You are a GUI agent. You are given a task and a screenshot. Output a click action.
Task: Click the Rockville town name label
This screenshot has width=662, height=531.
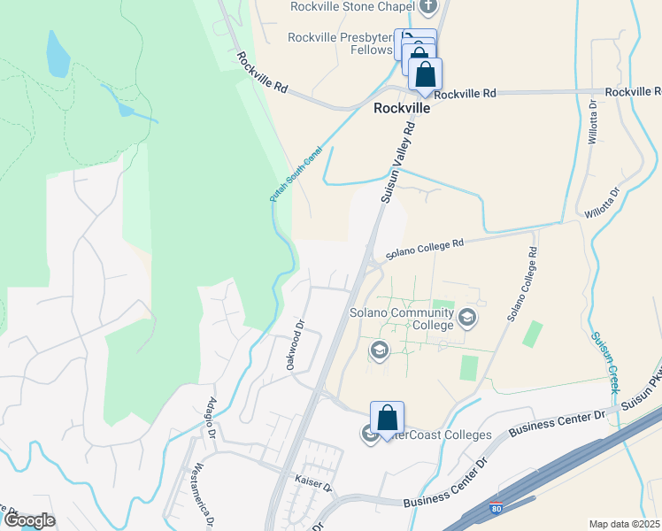[401, 108]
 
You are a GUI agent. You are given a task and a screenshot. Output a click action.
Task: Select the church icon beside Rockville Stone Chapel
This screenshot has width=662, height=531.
[428, 7]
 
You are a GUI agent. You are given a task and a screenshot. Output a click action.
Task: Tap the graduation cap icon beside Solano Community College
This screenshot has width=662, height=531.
[467, 318]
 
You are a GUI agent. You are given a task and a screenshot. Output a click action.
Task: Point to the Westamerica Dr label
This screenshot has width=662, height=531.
[203, 495]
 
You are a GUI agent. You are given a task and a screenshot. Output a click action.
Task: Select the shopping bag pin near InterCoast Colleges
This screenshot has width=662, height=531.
[387, 419]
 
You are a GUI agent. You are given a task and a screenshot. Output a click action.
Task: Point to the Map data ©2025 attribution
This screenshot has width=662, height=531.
[624, 524]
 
